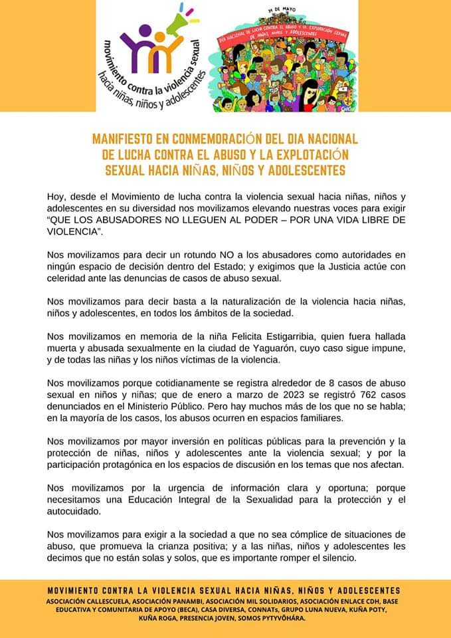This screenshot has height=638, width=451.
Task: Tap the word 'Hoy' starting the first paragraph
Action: (56, 196)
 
